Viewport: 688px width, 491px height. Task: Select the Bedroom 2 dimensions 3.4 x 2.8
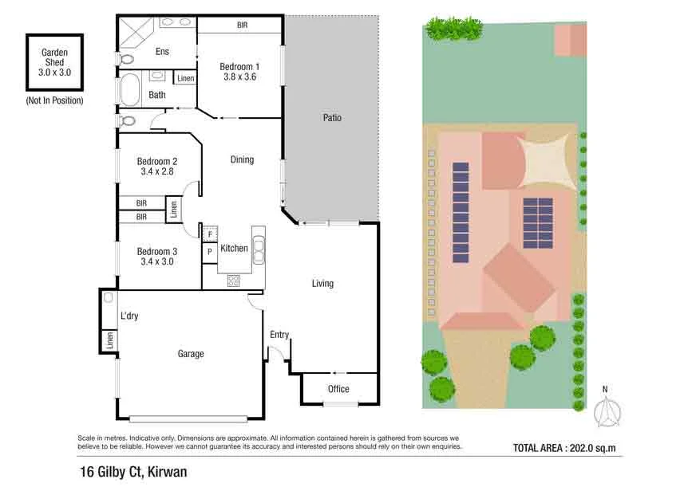pyautogui.click(x=157, y=171)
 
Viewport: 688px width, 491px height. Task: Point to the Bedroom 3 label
pyautogui.click(x=157, y=250)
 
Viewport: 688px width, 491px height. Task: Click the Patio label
pyautogui.click(x=332, y=118)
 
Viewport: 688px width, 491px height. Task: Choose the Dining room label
pyautogui.click(x=242, y=159)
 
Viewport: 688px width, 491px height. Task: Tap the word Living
pyautogui.click(x=322, y=284)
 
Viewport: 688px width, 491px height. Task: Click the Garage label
pyautogui.click(x=190, y=354)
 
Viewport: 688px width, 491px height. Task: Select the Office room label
pyautogui.click(x=338, y=389)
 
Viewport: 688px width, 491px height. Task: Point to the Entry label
pyautogui.click(x=279, y=335)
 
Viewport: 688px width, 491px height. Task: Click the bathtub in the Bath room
pyautogui.click(x=129, y=89)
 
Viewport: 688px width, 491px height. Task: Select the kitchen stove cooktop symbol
pyautogui.click(x=235, y=280)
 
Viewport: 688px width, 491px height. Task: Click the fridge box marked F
pyautogui.click(x=210, y=234)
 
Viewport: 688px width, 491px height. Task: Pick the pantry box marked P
pyautogui.click(x=209, y=252)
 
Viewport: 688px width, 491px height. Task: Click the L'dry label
pyautogui.click(x=129, y=316)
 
